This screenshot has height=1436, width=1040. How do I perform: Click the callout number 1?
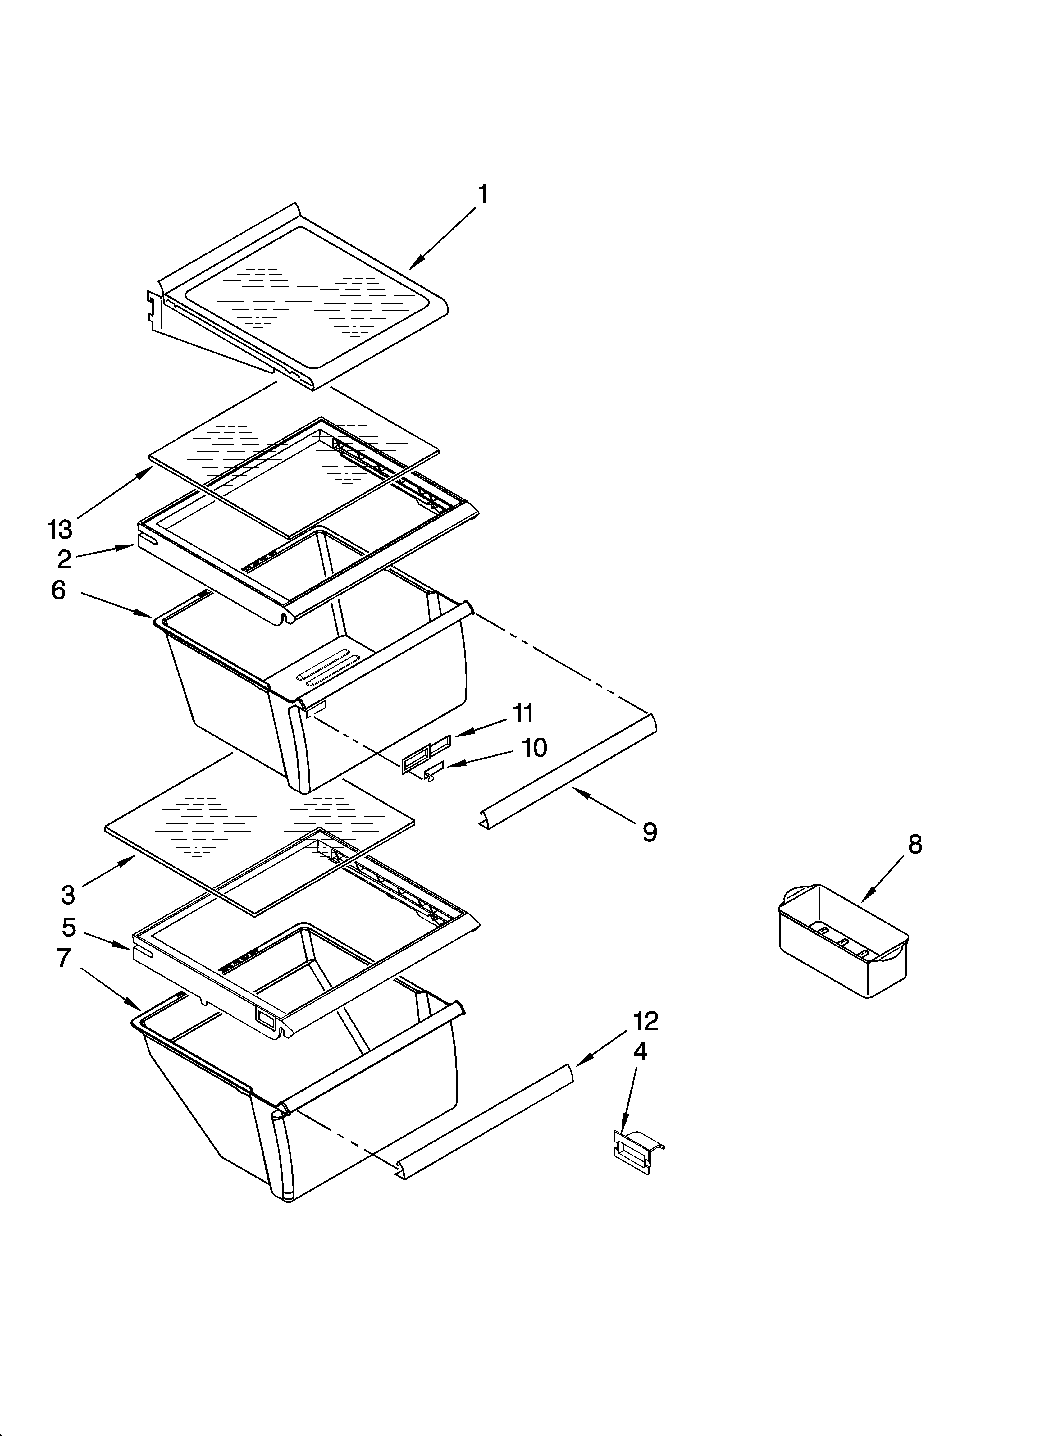pyautogui.click(x=483, y=194)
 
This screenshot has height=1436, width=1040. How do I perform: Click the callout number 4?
pyautogui.click(x=640, y=1052)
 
